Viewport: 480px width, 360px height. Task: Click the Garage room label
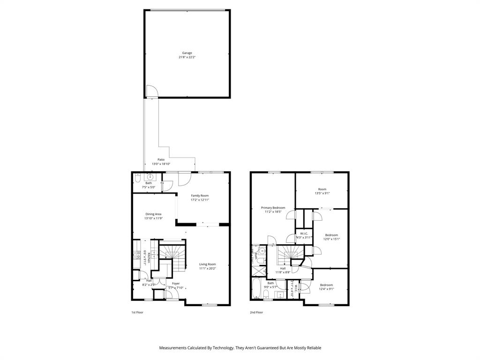pyautogui.click(x=187, y=53)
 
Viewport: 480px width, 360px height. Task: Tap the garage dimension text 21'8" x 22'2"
pyautogui.click(x=187, y=58)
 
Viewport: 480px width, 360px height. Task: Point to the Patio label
pyautogui.click(x=161, y=159)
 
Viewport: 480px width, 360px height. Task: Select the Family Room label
pyautogui.click(x=200, y=195)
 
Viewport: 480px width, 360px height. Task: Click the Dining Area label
pyautogui.click(x=153, y=214)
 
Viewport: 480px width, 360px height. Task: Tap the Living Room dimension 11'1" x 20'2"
pyautogui.click(x=207, y=269)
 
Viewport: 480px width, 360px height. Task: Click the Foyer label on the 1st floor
pyautogui.click(x=176, y=283)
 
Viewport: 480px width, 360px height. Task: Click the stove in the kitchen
pyautogui.click(x=137, y=255)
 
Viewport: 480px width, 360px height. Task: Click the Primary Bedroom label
pyautogui.click(x=273, y=208)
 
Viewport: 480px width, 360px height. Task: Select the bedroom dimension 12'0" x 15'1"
pyautogui.click(x=331, y=240)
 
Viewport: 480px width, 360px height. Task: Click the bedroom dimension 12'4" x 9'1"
pyautogui.click(x=326, y=289)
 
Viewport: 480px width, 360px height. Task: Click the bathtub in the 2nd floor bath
pyautogui.click(x=257, y=288)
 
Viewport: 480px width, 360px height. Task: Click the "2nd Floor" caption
pyautogui.click(x=256, y=312)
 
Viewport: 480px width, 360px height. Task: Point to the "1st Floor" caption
pyautogui.click(x=137, y=312)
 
